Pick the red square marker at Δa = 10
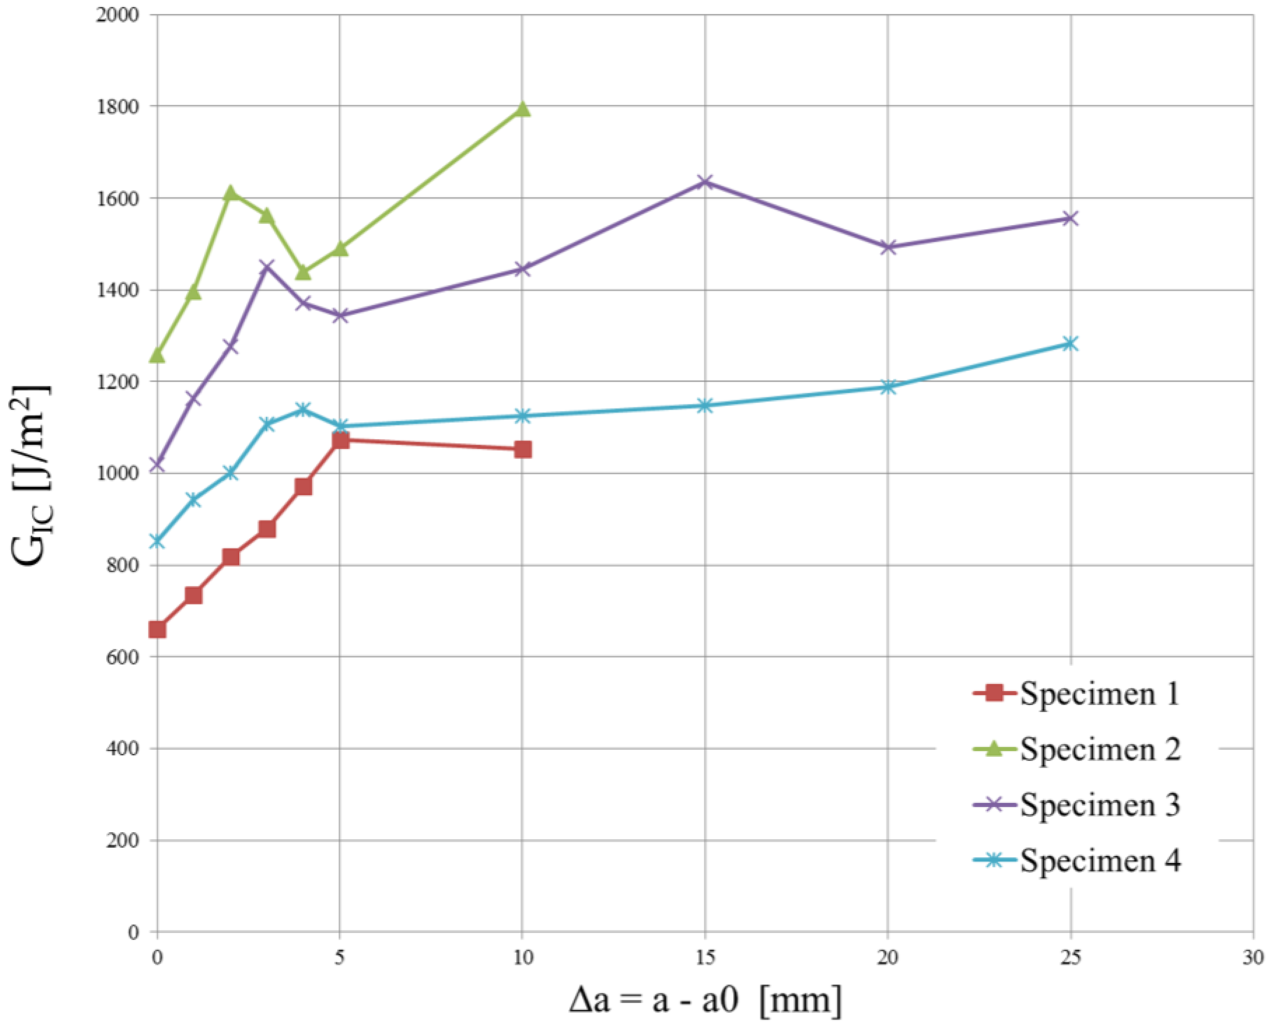[522, 450]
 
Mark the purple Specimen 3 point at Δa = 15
[705, 182]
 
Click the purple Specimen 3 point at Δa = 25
[1070, 218]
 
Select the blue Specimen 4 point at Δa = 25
[1070, 344]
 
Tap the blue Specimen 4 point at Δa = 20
[887, 387]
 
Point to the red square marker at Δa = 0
[157, 630]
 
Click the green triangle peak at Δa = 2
[231, 193]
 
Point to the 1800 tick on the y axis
[125, 107]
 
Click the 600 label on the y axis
[125, 657]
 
